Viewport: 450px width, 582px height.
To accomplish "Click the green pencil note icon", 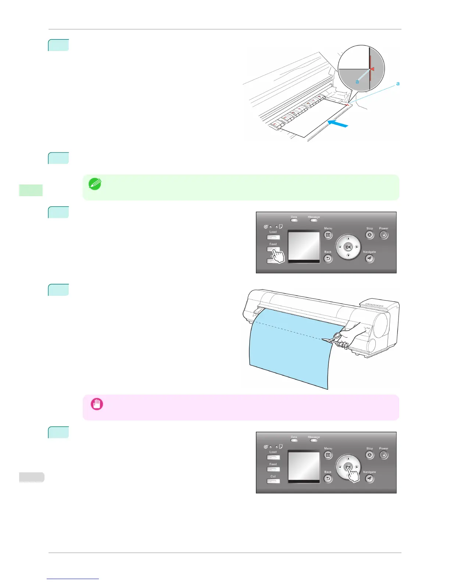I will click(95, 184).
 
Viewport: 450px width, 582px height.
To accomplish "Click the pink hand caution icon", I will click(97, 404).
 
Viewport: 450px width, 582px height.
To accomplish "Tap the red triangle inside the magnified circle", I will click(372, 69).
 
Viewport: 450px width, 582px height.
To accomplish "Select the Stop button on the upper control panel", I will click(369, 235).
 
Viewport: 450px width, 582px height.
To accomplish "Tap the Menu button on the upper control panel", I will click(328, 235).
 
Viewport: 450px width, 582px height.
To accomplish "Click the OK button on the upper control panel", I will click(348, 247).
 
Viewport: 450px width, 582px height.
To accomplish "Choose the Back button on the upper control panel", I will click(328, 259).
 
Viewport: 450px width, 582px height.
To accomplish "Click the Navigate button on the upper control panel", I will click(369, 259).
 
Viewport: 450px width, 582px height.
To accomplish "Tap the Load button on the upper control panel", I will click(273, 237).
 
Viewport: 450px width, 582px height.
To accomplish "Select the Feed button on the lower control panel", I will click(273, 469).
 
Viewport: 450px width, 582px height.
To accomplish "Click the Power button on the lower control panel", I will click(383, 455).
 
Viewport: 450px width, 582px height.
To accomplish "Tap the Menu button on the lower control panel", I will click(328, 455).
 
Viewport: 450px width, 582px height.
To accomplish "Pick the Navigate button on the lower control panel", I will click(369, 479).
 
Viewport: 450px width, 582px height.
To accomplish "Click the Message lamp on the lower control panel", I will click(314, 441).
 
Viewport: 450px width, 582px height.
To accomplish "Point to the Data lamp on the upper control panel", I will click(294, 220).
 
